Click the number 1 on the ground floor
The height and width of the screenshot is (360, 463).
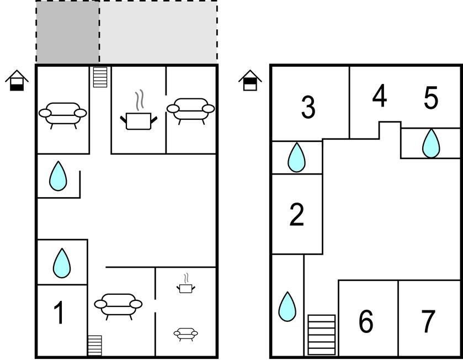pos(58,312)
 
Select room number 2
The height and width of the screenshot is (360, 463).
pos(297,214)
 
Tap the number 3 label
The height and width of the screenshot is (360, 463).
pos(308,107)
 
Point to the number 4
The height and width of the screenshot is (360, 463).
pos(380,96)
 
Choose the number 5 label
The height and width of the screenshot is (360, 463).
pos(431,98)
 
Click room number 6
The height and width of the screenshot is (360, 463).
pos(366,321)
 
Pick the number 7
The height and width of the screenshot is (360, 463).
pos(428,321)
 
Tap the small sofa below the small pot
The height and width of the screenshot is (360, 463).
pos(186,334)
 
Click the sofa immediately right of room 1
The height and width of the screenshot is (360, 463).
pos(118,306)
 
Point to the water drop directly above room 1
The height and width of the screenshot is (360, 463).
pos(62,263)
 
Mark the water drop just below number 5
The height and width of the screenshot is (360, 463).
pos(431,143)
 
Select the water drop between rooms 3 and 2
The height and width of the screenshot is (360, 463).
pos(296,157)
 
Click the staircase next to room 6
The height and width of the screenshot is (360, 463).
pos(322,335)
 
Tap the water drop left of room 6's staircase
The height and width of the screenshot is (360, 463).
pos(287,306)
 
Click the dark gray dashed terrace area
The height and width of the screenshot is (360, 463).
pos(68,32)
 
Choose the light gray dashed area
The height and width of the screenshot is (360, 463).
pos(158,32)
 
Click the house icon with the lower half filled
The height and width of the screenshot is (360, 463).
pos(17,80)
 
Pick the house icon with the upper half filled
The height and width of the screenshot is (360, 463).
pos(250,80)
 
